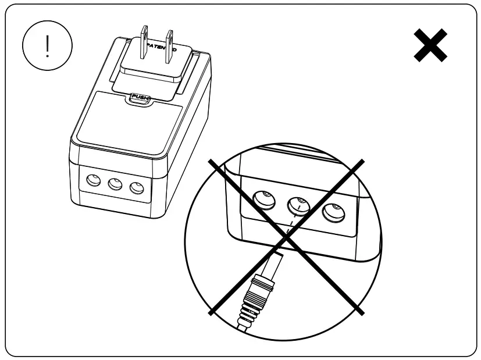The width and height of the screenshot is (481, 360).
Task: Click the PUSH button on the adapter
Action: pos(140,98)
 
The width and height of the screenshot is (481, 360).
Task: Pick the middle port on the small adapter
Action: pos(113,184)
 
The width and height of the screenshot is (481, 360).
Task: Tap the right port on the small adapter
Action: pos(137,188)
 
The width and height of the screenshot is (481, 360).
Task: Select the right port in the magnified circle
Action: pos(334,213)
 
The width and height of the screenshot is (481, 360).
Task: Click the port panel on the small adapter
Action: pos(114,184)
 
